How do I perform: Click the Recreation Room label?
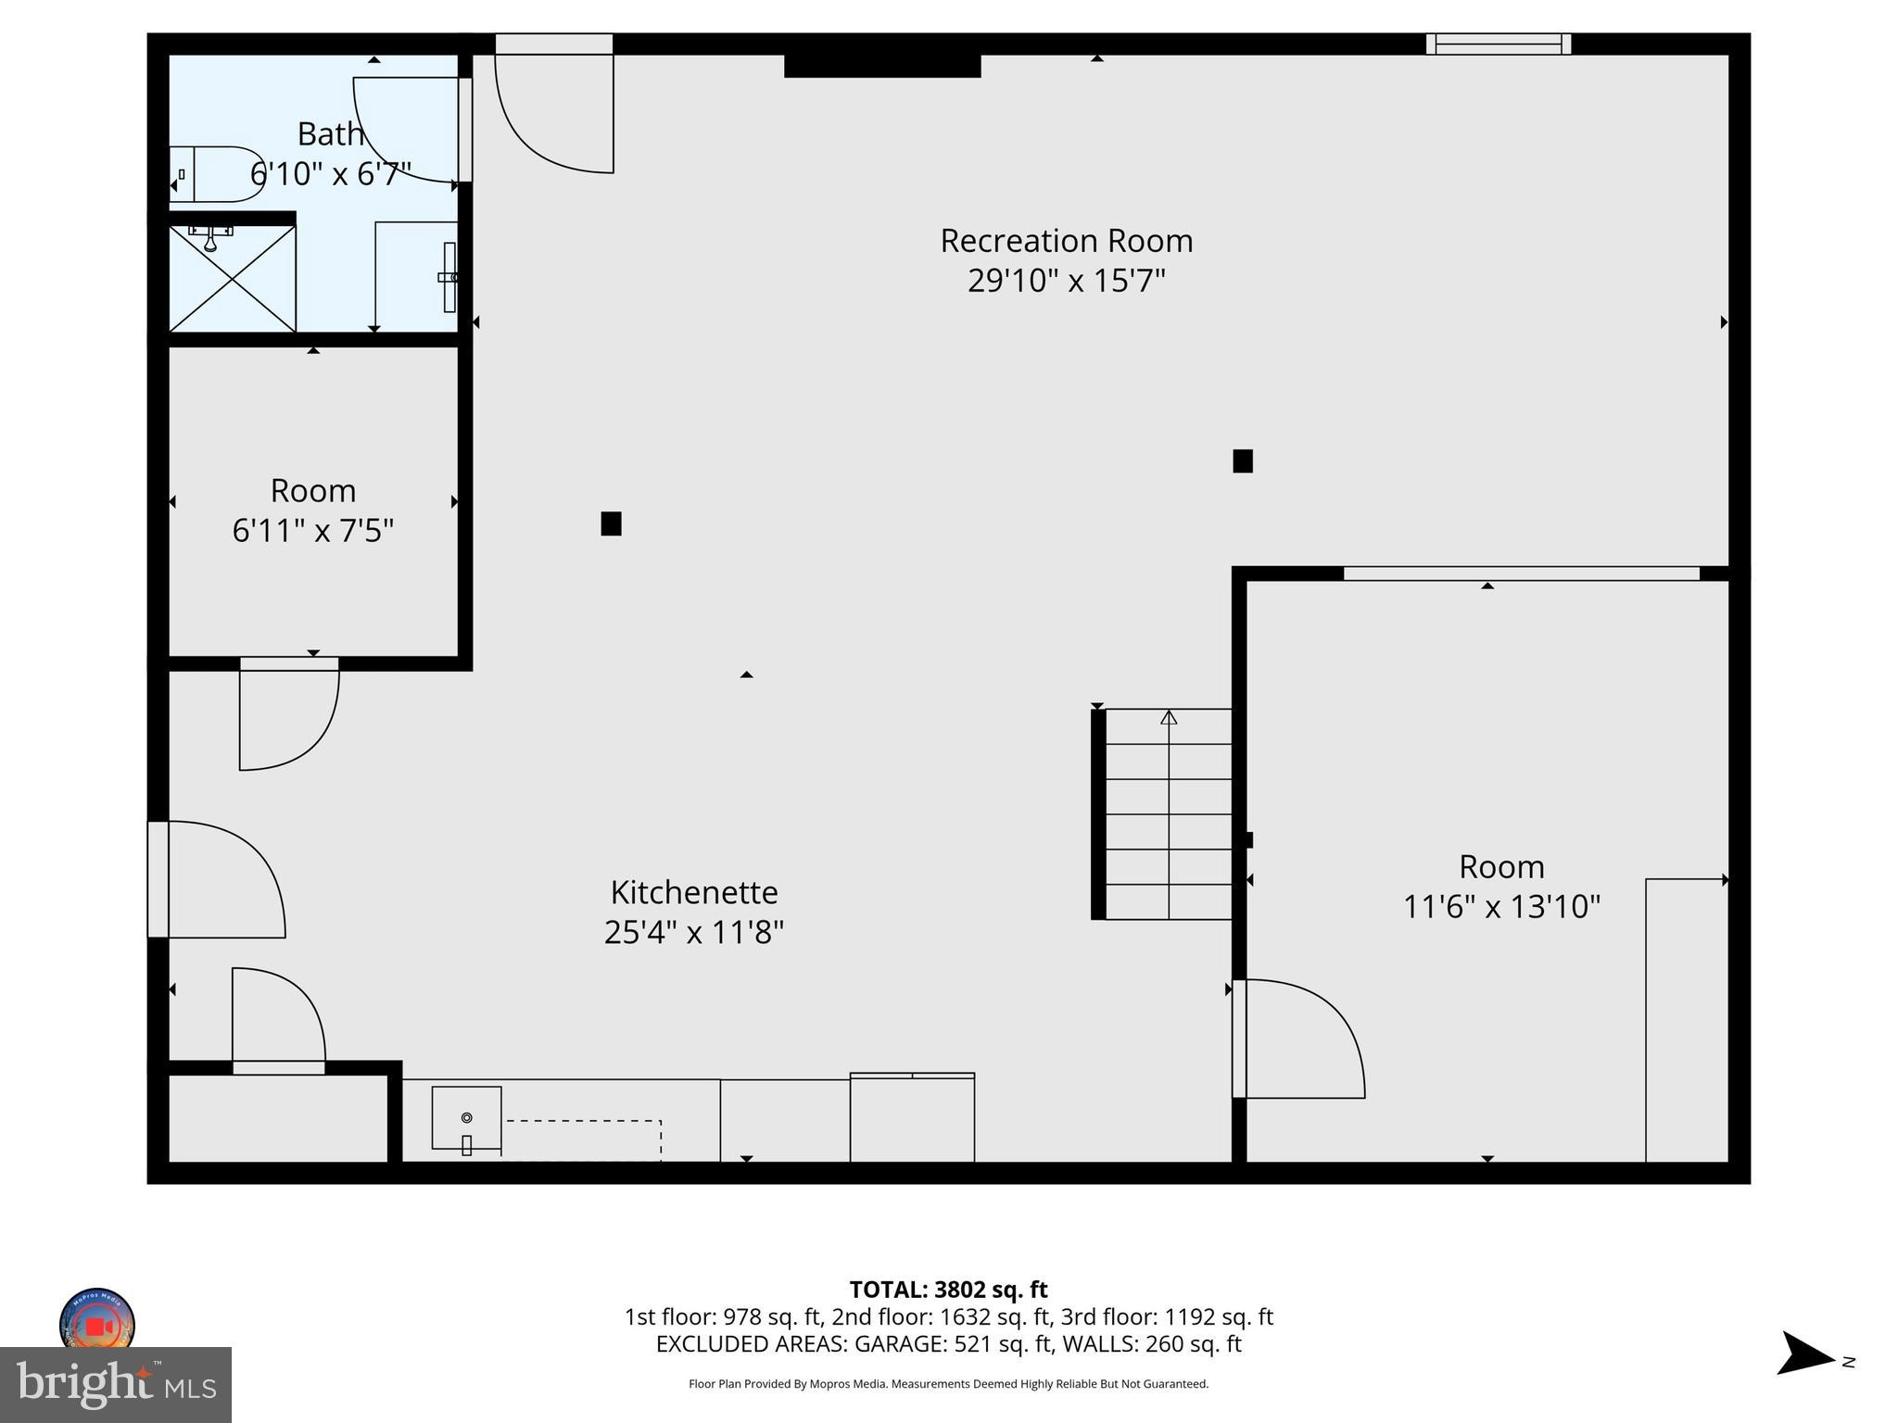pos(1066,241)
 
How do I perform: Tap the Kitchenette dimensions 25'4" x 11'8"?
pos(693,932)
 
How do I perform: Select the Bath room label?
pos(330,134)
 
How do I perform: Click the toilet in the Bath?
pos(216,174)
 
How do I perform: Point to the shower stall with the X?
pos(232,278)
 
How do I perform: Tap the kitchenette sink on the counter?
pos(466,1118)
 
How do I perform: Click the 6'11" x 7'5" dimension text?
pos(313,531)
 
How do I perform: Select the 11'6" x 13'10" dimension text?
pos(1501,906)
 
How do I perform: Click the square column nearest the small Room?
pos(611,523)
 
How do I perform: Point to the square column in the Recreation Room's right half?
pos(1243,460)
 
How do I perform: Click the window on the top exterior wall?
pos(1498,44)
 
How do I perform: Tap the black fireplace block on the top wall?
pos(882,65)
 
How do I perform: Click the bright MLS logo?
pos(115,1384)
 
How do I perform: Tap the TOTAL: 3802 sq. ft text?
pos(948,1290)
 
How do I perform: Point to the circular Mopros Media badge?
pos(97,1323)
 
